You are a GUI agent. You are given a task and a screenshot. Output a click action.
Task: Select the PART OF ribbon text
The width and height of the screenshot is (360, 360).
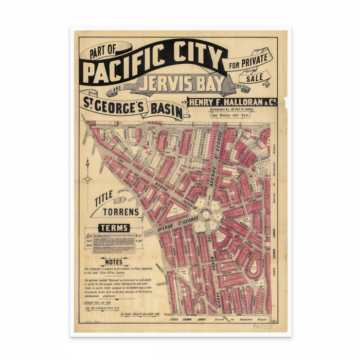(x=105, y=51)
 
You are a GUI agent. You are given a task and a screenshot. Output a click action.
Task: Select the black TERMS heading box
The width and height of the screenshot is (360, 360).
(x=114, y=228)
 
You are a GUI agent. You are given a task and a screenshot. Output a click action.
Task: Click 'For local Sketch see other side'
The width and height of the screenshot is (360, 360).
(x=140, y=314)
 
